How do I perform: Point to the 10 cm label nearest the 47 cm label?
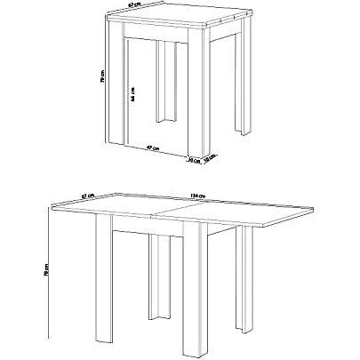(x=193, y=161)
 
